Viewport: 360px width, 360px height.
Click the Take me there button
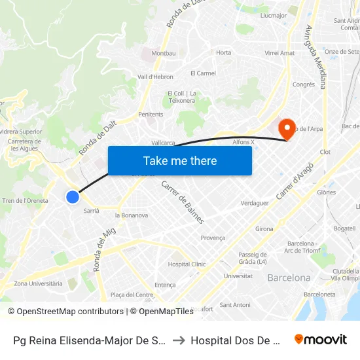[x=180, y=160]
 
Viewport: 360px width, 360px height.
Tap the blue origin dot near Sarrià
[x=73, y=196]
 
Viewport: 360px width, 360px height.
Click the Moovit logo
[x=321, y=339]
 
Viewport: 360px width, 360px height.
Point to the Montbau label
[x=163, y=53]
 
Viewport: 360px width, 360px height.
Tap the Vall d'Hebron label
[x=155, y=77]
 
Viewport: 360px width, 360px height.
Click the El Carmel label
[x=203, y=73]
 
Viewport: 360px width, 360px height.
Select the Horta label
[x=224, y=52]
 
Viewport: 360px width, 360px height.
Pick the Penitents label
[x=151, y=114]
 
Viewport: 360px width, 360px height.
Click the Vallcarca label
[x=164, y=142]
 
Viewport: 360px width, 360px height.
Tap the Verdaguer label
[x=255, y=203]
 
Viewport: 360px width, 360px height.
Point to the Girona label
[x=264, y=229]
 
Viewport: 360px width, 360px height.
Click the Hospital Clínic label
[x=187, y=264]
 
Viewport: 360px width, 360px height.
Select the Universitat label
[x=238, y=276]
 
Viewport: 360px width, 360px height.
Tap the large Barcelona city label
[x=289, y=278]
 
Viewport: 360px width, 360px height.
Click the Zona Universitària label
[x=39, y=283]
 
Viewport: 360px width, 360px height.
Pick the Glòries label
[x=326, y=192]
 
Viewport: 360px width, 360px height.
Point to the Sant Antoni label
[x=235, y=304]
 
